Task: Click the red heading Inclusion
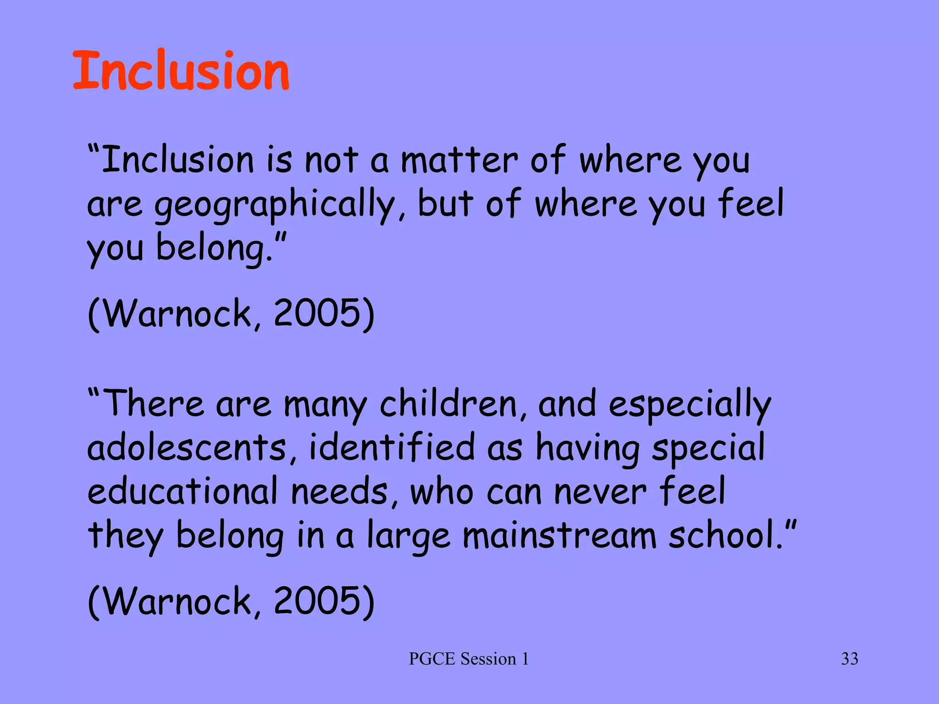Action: coord(181,71)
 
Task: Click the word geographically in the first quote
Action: coord(274,205)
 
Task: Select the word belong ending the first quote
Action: coord(213,248)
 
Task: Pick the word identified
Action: coord(392,448)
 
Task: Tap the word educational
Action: coord(182,491)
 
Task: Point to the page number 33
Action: coord(850,659)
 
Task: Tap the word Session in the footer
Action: coord(488,659)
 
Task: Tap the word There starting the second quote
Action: coord(154,403)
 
